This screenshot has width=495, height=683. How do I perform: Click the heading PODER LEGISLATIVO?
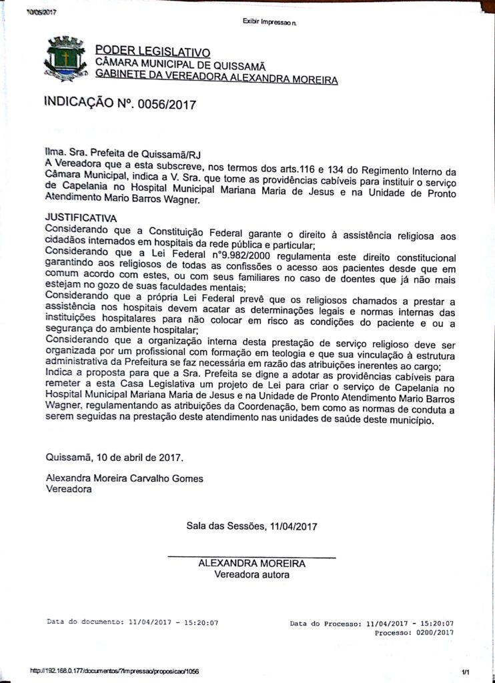153,51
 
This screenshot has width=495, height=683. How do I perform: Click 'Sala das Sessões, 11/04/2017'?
252,526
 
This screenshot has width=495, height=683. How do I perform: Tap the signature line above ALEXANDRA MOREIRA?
251,556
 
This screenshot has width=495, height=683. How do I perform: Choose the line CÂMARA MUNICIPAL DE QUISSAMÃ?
180,65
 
